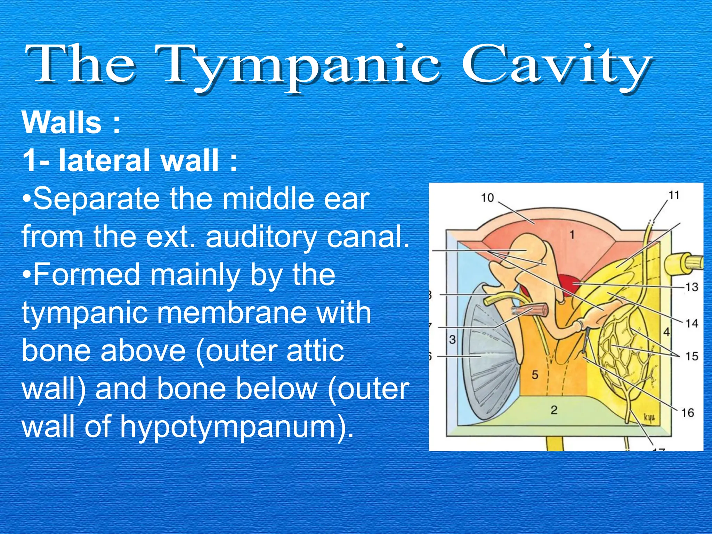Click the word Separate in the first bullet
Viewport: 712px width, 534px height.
point(97,199)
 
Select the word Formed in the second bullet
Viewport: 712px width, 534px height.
point(87,275)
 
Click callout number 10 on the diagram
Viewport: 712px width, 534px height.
point(487,198)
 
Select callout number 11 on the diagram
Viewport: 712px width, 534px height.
point(674,195)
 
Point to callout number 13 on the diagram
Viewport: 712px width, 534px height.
point(691,287)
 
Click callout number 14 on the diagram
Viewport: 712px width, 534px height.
point(691,324)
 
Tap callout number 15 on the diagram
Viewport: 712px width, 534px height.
point(691,356)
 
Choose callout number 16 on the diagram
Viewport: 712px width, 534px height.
point(687,413)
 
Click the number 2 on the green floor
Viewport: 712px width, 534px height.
point(554,410)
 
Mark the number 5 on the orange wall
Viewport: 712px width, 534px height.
point(535,375)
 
